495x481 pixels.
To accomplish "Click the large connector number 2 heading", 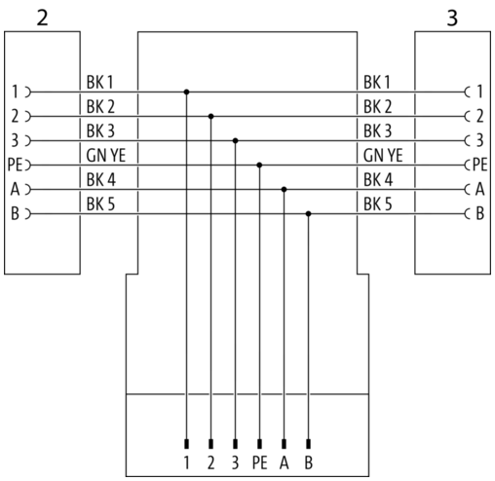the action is pyautogui.click(x=43, y=18).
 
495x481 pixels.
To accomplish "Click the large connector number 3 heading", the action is pyautogui.click(x=452, y=18).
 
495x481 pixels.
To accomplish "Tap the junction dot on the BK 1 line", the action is pyautogui.click(x=186, y=92).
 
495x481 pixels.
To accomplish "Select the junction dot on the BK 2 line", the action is pyautogui.click(x=211, y=116).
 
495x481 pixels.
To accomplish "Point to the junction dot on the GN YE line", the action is pyautogui.click(x=259, y=166).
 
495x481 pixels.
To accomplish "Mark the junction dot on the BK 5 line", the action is pyautogui.click(x=309, y=214).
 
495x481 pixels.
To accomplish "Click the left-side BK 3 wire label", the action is pyautogui.click(x=100, y=131).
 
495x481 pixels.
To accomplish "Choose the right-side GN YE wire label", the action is pyautogui.click(x=383, y=156).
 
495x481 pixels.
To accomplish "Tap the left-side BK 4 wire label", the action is pyautogui.click(x=101, y=180).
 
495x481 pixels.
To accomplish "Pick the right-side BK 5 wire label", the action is pyautogui.click(x=378, y=204).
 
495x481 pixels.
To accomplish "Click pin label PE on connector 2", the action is pyautogui.click(x=15, y=165).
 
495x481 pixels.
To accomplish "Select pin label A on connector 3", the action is pyautogui.click(x=480, y=189).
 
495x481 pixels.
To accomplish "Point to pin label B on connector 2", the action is pyautogui.click(x=16, y=213).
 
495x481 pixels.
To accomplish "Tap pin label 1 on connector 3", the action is pyautogui.click(x=479, y=92).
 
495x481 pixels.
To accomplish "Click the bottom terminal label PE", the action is pyautogui.click(x=260, y=462).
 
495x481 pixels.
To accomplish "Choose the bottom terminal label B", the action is pyautogui.click(x=309, y=462).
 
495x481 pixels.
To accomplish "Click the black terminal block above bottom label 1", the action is pyautogui.click(x=186, y=444).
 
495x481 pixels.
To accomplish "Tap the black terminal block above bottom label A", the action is pyautogui.click(x=285, y=444).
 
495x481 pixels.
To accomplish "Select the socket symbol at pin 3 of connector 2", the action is pyautogui.click(x=28, y=141).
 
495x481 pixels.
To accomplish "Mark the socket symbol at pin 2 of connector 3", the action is pyautogui.click(x=468, y=116).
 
